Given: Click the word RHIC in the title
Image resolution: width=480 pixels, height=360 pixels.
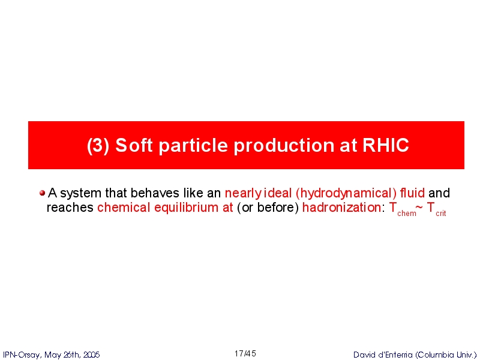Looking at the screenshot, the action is coord(386,145).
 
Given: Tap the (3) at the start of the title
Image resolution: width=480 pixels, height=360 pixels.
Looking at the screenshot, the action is coord(98,145).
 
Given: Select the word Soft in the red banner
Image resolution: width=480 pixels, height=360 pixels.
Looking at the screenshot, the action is coord(134,145).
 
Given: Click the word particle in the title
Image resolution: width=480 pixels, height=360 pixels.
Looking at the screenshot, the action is coord(193,146).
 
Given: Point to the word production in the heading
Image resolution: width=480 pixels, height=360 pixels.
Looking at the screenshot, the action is coord(284,146).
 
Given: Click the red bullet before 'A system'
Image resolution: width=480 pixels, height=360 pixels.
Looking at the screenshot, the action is coord(42,193).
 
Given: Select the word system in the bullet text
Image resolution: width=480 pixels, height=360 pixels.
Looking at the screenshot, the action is coord(81,194).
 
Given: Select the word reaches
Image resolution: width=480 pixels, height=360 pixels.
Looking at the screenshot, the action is coord(70,208).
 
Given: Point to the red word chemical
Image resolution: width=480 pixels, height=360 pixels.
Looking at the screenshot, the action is coord(124,208).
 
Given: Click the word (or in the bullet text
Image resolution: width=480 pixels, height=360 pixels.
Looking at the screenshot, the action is coord(245,208).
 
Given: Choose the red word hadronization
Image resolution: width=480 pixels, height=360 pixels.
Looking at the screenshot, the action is coord(341,208).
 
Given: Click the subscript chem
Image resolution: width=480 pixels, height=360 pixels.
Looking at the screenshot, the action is coord(407,214).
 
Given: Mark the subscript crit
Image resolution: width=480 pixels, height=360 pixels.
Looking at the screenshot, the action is coord(441,214).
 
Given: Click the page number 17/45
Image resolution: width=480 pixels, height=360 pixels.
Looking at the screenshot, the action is coord(245,354).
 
